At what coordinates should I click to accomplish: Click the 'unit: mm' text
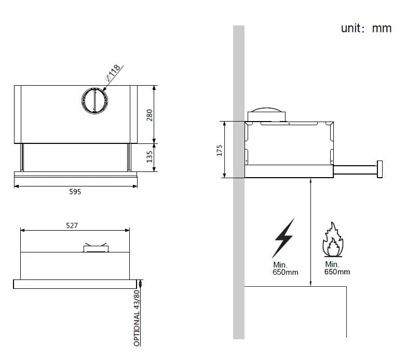[x=365, y=29]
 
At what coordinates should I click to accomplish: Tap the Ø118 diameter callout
[x=114, y=71]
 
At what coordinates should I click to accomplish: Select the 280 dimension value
[x=150, y=115]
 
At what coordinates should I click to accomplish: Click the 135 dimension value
[x=150, y=157]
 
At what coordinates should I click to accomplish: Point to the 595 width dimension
[x=75, y=192]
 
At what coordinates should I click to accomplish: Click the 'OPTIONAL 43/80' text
[x=137, y=318]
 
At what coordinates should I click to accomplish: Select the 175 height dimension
[x=220, y=150]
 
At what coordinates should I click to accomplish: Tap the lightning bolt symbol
[x=283, y=238]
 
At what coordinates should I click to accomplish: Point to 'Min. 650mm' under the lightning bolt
[x=285, y=269]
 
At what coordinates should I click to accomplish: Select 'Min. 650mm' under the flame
[x=337, y=268]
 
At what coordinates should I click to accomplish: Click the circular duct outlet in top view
[x=94, y=99]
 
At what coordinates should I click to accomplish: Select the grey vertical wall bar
[x=238, y=182]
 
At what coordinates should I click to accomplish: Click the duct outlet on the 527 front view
[x=96, y=248]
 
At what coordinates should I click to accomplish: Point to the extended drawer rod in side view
[x=355, y=169]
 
